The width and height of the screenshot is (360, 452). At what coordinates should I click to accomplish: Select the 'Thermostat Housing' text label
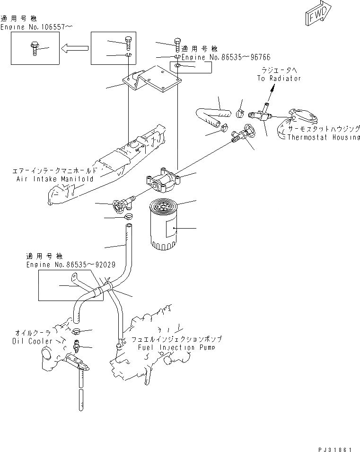click(323, 137)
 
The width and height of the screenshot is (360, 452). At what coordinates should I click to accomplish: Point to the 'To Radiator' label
click(279, 79)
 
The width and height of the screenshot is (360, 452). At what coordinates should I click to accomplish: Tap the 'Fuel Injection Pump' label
click(176, 347)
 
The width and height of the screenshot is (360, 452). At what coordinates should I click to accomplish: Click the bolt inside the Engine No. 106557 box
click(35, 48)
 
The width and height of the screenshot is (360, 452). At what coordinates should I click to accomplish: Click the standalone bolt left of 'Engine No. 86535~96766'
click(177, 45)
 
